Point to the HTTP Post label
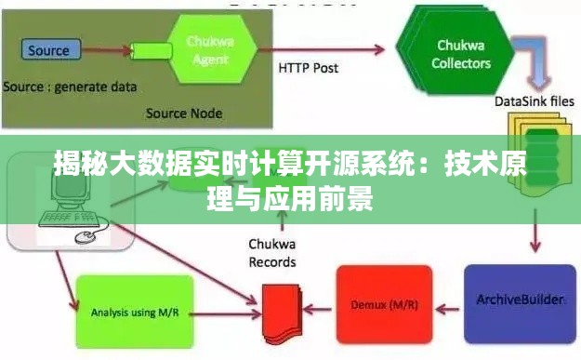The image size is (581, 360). (x=309, y=68)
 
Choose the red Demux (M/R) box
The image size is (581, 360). (x=383, y=303)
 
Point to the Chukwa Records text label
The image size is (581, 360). (x=271, y=253)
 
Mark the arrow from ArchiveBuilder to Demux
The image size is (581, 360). (x=447, y=303)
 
